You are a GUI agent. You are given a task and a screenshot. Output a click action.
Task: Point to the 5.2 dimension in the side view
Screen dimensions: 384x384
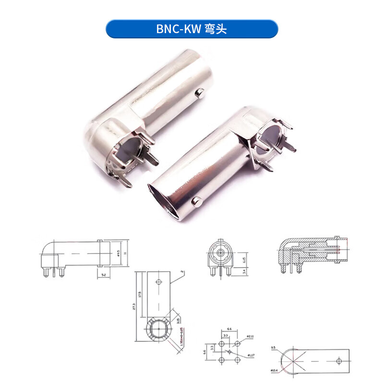(104, 275)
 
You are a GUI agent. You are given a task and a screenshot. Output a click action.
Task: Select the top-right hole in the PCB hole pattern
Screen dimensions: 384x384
(237, 344)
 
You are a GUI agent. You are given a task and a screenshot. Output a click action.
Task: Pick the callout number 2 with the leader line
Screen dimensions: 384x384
(183, 272)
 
